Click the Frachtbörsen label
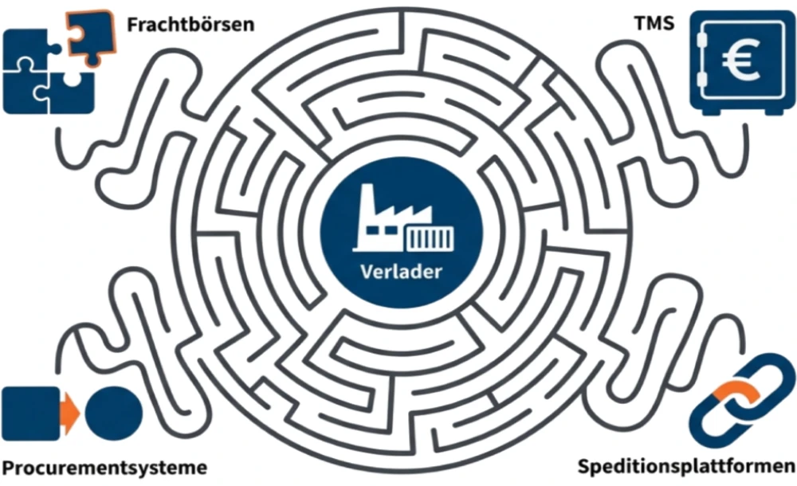(x=190, y=24)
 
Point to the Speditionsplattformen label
(x=685, y=466)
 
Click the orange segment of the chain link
(x=731, y=393)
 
